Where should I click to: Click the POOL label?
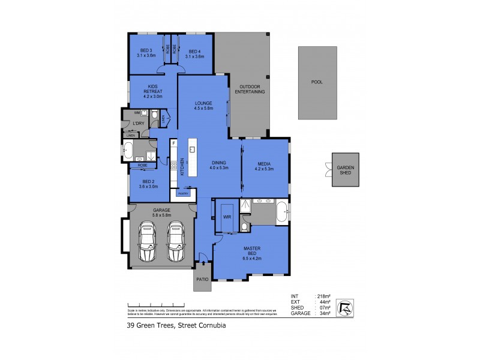point(317,82)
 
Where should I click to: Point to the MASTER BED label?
point(251,251)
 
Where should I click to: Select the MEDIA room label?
point(265,166)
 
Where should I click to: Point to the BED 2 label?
point(149,184)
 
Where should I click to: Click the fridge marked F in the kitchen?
point(173,144)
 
